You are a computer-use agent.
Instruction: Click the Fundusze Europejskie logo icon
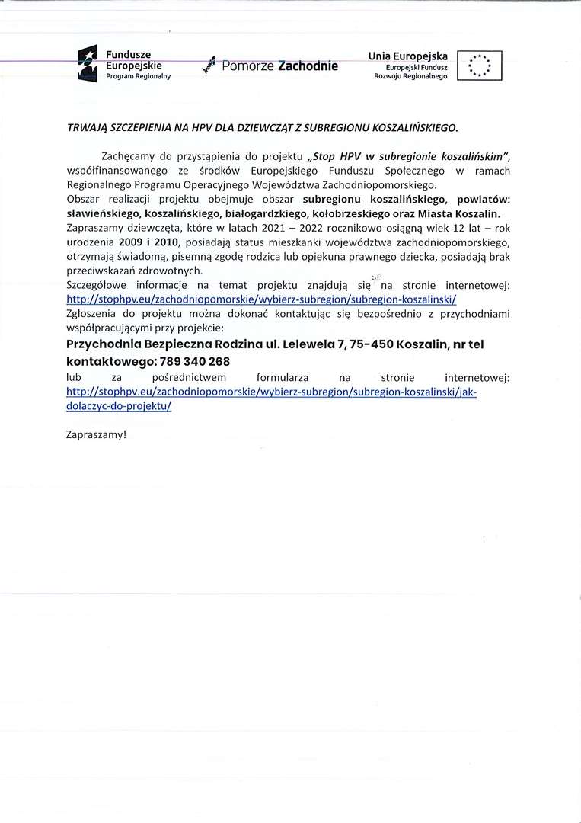point(89,63)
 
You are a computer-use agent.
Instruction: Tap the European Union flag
point(480,66)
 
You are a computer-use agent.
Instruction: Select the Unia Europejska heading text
point(407,56)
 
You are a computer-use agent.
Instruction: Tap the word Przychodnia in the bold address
point(103,345)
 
